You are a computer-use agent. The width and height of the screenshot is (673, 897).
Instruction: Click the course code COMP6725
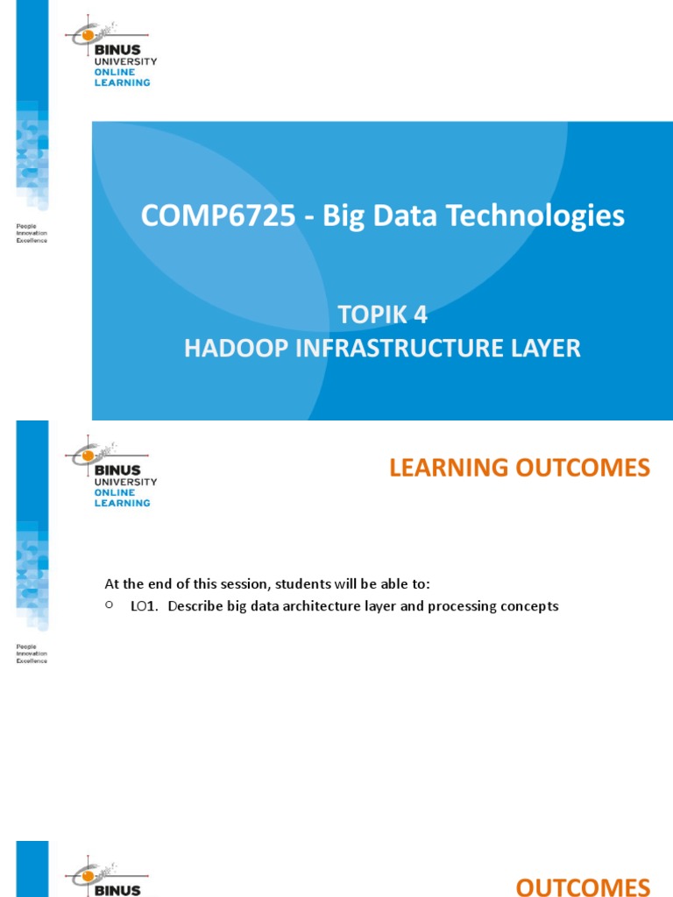[x=217, y=215]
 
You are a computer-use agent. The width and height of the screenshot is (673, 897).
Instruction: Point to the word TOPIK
[x=366, y=315]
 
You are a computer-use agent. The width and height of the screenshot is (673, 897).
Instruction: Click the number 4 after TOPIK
[x=421, y=315]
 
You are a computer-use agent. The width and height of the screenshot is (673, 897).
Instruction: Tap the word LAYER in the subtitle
[x=547, y=348]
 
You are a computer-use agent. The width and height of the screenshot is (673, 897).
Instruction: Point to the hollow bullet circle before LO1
[x=110, y=605]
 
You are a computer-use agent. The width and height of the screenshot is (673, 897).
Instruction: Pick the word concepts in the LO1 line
[x=528, y=606]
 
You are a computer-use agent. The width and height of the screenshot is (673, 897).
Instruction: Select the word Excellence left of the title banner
[x=32, y=240]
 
